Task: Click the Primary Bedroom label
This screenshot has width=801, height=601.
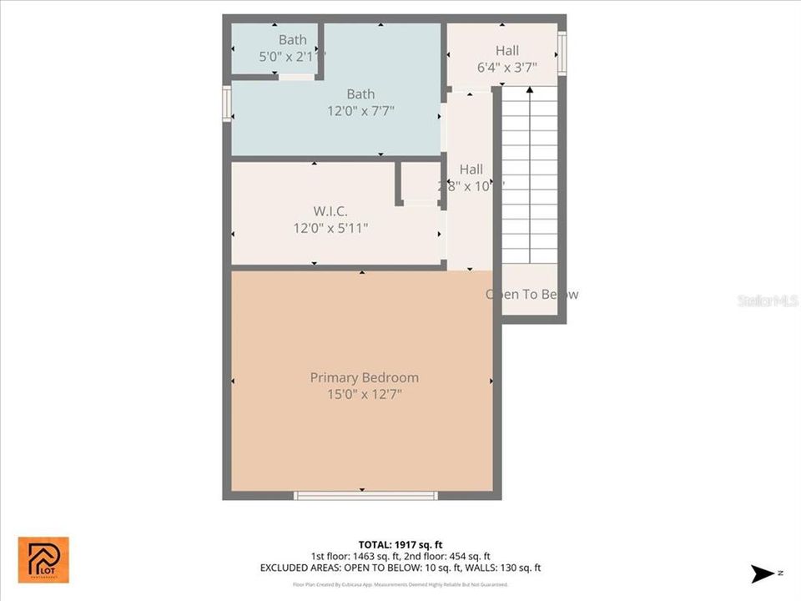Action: pos(364,377)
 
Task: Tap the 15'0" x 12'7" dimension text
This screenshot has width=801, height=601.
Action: pos(364,394)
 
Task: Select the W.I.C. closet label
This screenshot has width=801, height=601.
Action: pos(330,210)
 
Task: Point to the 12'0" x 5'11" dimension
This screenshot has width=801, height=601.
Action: pos(330,227)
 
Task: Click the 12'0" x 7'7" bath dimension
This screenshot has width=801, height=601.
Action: pos(360,110)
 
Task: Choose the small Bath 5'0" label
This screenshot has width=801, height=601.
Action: pos(292,39)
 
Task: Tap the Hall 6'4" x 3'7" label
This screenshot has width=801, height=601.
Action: pos(506,51)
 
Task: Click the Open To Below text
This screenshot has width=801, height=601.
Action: pos(531,294)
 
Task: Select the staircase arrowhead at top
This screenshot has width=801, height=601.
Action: pos(529,88)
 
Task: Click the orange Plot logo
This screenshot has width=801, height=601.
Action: pos(43,559)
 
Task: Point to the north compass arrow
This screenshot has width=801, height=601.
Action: pos(762,573)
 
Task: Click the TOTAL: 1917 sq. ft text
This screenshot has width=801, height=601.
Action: pos(400,544)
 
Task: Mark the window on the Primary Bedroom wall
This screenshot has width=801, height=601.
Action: pos(365,496)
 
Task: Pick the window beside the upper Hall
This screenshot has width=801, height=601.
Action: pos(562,53)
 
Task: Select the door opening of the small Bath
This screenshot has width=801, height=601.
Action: pos(296,78)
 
